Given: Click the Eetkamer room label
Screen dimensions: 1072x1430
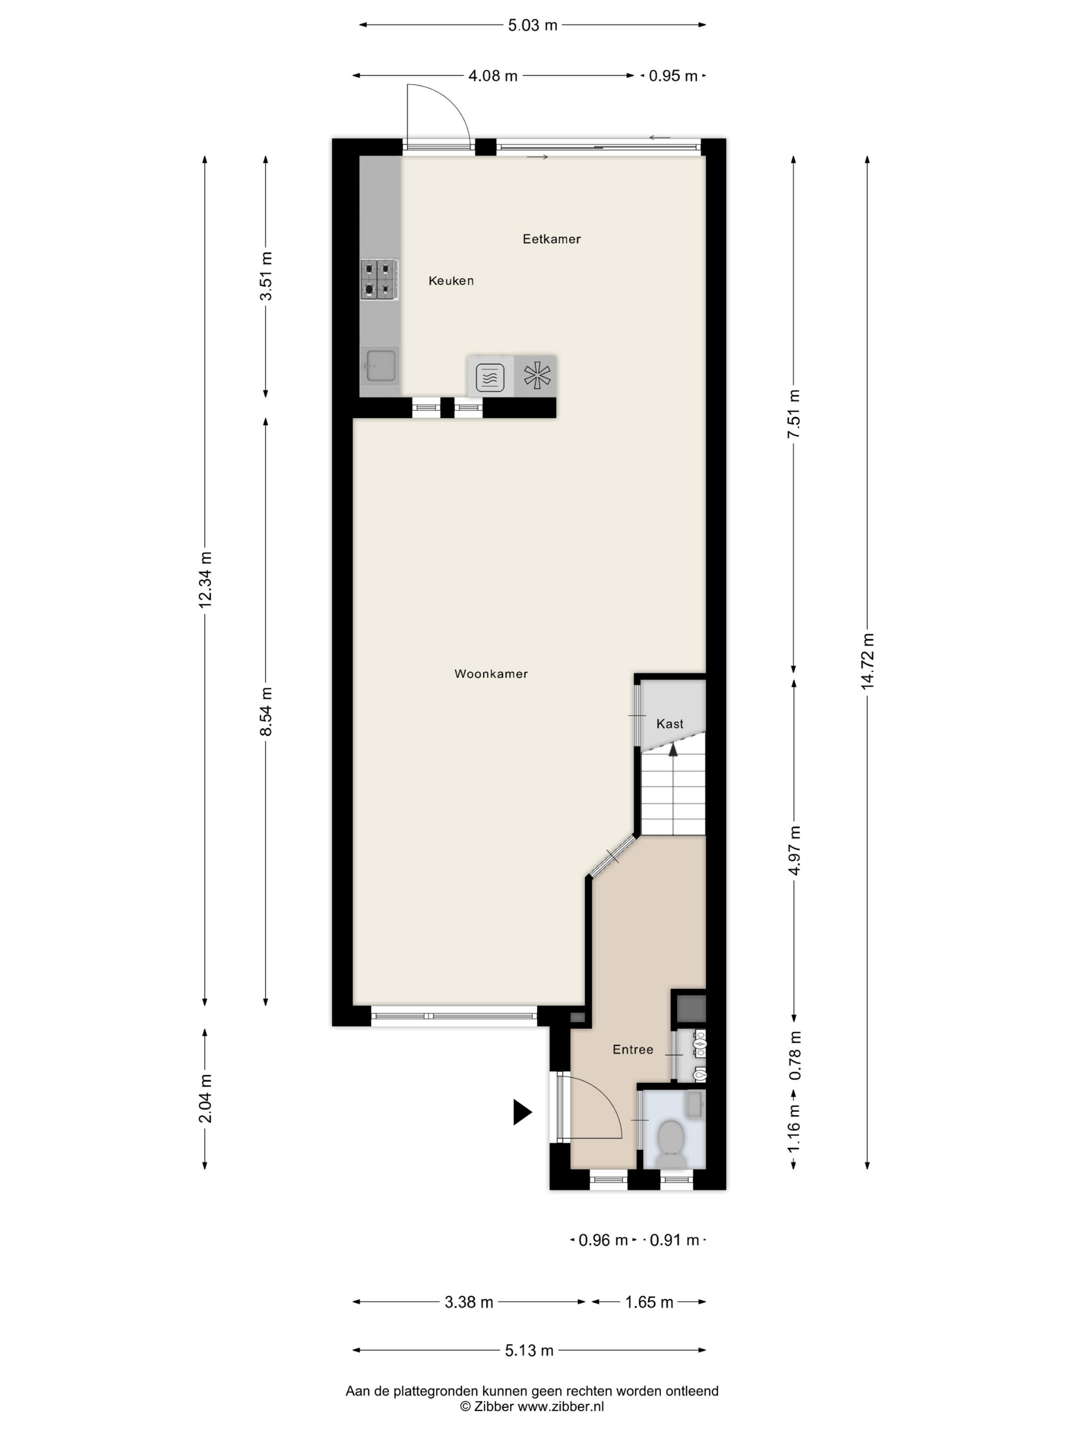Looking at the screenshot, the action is click(x=551, y=239).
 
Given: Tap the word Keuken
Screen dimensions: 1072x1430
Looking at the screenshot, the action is click(x=451, y=280).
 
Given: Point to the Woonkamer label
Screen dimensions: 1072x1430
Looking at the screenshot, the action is click(x=491, y=674).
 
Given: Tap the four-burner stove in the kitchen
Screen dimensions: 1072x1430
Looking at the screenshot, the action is click(x=379, y=279).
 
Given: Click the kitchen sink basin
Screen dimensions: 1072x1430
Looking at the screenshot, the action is click(x=381, y=365).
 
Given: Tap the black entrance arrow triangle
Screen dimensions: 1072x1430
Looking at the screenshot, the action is click(x=522, y=1112).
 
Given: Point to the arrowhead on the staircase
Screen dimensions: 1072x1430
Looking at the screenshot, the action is click(x=673, y=749).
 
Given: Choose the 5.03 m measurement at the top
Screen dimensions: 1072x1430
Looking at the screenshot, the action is click(x=532, y=25).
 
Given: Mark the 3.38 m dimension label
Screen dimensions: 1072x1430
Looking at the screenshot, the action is click(x=469, y=1302).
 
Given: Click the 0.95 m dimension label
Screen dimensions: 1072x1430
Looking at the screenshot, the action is click(x=673, y=76).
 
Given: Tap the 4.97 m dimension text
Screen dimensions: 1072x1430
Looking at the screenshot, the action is click(x=794, y=850).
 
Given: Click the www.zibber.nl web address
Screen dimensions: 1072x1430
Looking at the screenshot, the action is click(x=561, y=1406).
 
